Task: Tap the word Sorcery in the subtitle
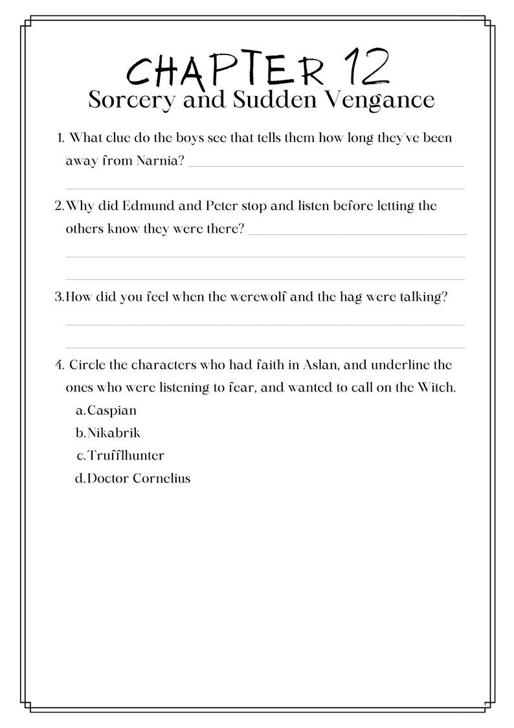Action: coord(125,100)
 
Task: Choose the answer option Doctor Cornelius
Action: coord(138,479)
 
